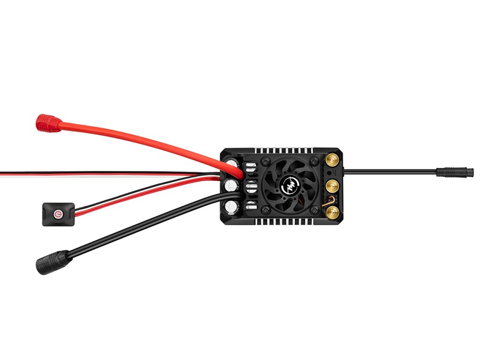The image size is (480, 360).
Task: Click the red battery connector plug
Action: (x=49, y=123)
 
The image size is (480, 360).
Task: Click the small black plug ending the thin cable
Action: (x=454, y=172)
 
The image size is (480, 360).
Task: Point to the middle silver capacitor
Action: (x=231, y=184)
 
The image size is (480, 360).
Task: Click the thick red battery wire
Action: (x=141, y=138)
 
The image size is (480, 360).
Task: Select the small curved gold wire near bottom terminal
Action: (x=324, y=204)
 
